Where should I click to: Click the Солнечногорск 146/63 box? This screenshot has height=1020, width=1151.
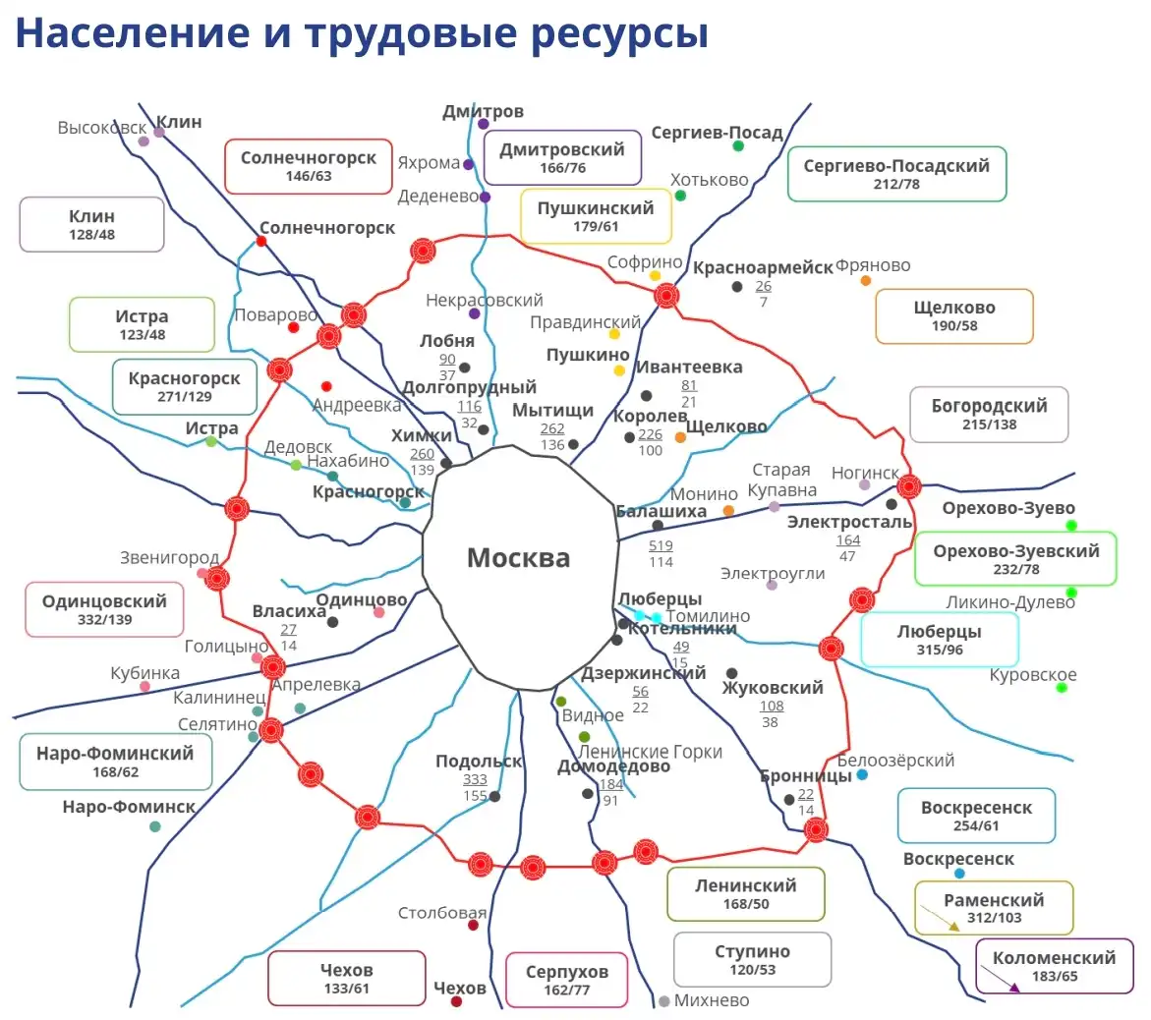click(309, 166)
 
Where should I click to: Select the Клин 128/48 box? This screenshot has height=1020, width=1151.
click(91, 224)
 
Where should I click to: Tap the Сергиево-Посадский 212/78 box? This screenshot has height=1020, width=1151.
click(896, 174)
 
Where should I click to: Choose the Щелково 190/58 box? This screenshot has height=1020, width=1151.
click(953, 315)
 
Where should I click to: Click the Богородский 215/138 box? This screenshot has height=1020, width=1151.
click(975, 414)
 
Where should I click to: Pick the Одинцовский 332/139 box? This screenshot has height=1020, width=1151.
click(104, 609)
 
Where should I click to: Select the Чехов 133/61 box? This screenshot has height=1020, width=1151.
click(346, 978)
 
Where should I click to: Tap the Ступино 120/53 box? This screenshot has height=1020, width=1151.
click(752, 959)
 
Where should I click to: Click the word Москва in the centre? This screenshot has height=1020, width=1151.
click(518, 558)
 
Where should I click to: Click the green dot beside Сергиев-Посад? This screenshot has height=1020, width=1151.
click(738, 146)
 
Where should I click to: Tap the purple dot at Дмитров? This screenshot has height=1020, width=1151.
click(484, 124)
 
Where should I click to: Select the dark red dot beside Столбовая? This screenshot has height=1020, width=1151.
click(473, 925)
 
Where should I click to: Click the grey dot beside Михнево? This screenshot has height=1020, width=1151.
click(664, 1001)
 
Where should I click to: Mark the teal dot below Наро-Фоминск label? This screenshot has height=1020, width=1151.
click(155, 826)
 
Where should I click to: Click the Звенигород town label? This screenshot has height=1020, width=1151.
click(169, 558)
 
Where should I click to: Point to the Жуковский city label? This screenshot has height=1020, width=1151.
click(773, 688)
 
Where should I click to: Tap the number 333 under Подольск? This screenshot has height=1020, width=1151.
click(475, 779)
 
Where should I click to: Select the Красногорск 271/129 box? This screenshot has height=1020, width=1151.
click(185, 386)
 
